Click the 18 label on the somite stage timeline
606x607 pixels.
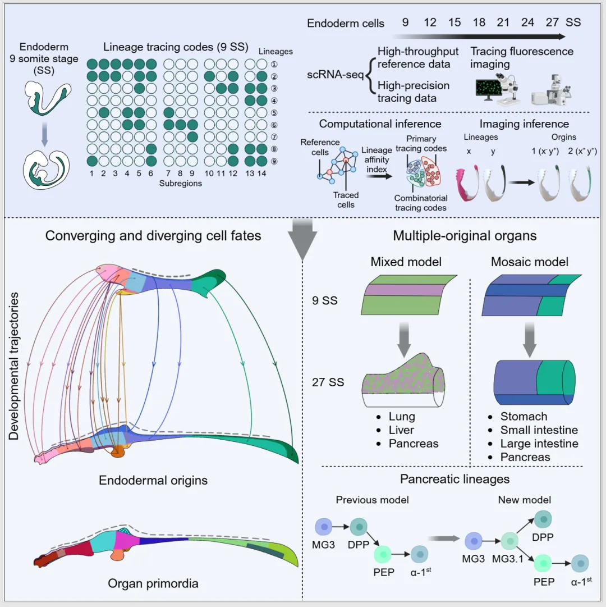(x=479, y=22)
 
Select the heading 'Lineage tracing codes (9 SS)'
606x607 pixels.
(x=176, y=47)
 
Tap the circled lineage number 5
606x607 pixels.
(x=275, y=112)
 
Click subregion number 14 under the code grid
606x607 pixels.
(x=261, y=174)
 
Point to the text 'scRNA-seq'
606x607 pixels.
(x=333, y=74)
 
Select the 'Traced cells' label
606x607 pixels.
(x=346, y=200)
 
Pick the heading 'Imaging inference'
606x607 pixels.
(x=524, y=124)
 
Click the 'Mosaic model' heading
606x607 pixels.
(x=529, y=262)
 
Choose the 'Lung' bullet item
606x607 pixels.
(x=402, y=417)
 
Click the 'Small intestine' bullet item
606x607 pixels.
(x=539, y=430)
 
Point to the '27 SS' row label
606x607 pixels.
(x=328, y=383)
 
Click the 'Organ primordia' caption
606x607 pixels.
(x=153, y=583)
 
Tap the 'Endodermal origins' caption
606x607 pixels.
(x=153, y=480)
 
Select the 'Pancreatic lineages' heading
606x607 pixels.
(x=454, y=479)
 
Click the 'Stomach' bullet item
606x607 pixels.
(x=524, y=417)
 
